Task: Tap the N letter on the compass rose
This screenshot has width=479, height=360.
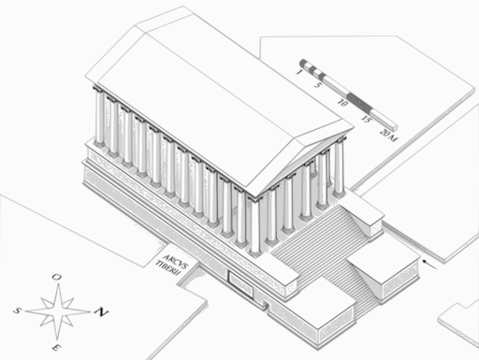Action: pyautogui.click(x=102, y=311)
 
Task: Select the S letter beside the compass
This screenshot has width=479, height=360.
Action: pyautogui.click(x=17, y=310)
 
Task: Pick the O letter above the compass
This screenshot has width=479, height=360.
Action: pyautogui.click(x=56, y=277)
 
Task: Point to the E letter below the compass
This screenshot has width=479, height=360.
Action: pyautogui.click(x=56, y=348)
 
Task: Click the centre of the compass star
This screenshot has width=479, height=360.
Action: pyautogui.click(x=58, y=311)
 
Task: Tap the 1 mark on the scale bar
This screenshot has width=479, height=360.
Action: pyautogui.click(x=299, y=72)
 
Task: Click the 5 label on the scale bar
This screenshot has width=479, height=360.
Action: pyautogui.click(x=317, y=85)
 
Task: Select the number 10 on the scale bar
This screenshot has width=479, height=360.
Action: pyautogui.click(x=342, y=102)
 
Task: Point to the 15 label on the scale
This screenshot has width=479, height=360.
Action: pyautogui.click(x=366, y=119)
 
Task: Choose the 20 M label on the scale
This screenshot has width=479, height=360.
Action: pyautogui.click(x=388, y=135)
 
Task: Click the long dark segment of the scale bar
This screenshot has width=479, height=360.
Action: pyautogui.click(x=359, y=103)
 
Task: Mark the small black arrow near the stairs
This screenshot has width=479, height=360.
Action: pyautogui.click(x=430, y=264)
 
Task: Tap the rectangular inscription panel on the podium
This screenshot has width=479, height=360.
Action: pyautogui.click(x=240, y=284)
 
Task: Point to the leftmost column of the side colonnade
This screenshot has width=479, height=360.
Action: pyautogui.click(x=99, y=118)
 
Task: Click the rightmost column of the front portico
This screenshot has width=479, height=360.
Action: pyautogui.click(x=339, y=168)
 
